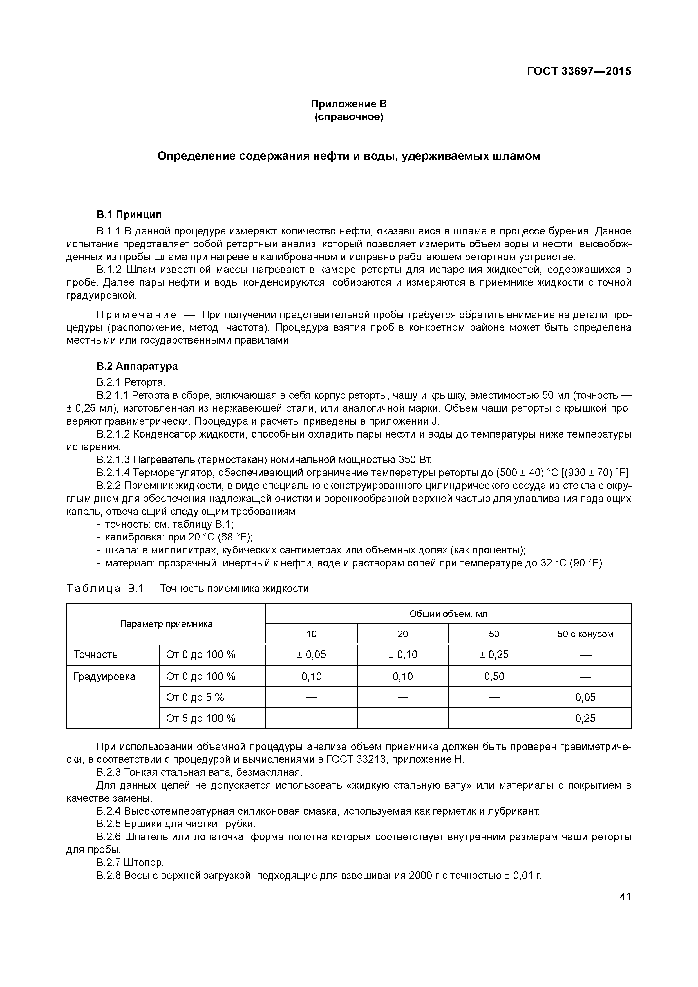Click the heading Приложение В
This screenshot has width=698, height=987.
349,104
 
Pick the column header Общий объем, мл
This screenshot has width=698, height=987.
448,613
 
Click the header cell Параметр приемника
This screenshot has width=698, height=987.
166,624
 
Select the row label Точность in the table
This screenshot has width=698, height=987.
95,655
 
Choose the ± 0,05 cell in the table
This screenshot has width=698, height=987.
311,655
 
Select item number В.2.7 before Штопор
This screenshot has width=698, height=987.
109,863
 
